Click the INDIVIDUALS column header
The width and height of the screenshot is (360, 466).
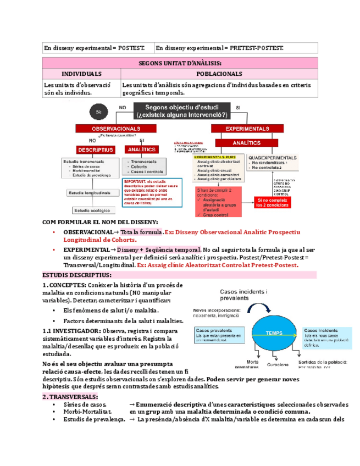click(x=81, y=74)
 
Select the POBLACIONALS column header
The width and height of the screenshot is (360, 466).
click(x=219, y=74)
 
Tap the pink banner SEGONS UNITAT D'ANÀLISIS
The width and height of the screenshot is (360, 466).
click(x=180, y=63)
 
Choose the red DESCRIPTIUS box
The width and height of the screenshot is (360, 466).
click(x=95, y=149)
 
